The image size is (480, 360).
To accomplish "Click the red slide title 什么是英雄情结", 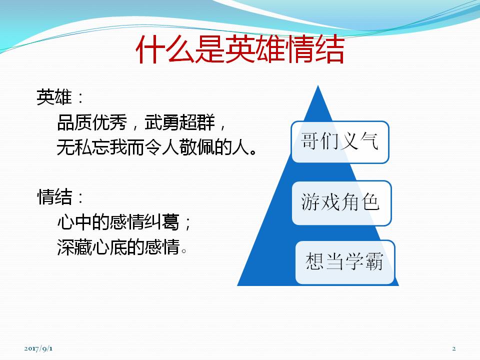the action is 240,49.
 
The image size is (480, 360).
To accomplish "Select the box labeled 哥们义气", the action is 340,142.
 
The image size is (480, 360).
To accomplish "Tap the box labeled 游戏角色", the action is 341,203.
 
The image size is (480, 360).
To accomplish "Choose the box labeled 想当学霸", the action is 345,262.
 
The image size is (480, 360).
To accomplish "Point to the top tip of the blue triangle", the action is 318,85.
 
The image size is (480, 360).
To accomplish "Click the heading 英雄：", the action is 59,97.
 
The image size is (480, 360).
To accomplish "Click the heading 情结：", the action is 59,196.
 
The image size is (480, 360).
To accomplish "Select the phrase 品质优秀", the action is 92,122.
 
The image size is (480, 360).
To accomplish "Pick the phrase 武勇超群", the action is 179,122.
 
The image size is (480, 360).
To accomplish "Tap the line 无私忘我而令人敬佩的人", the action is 153,147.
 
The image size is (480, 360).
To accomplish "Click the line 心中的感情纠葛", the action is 118,221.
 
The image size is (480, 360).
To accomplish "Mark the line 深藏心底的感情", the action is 118,246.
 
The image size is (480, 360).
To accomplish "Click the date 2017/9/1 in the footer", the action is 38,348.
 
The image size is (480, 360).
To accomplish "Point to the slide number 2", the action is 454,348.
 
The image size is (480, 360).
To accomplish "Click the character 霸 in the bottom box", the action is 374,261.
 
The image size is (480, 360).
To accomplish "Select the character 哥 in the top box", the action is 310,141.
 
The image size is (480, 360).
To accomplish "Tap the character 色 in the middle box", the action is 370,202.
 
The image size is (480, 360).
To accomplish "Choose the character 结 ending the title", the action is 330,49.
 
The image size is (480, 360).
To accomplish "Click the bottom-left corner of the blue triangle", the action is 237,285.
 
